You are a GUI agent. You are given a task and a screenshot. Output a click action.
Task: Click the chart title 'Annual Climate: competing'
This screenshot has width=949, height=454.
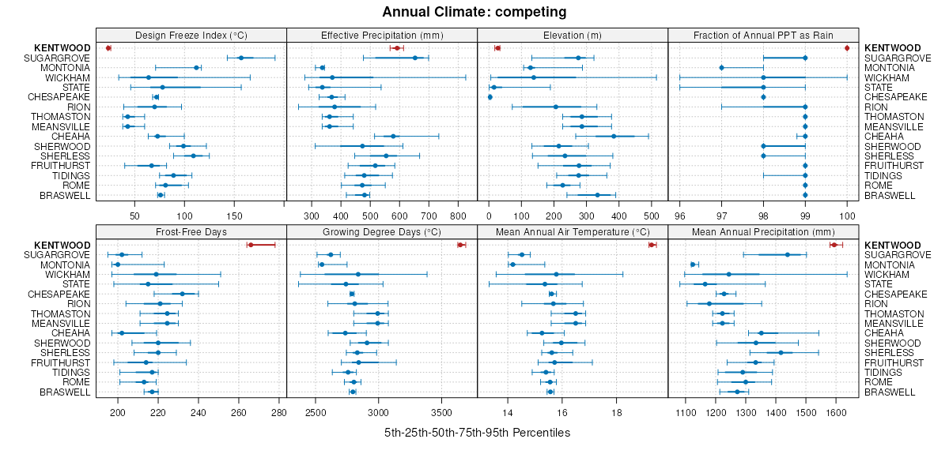pyautogui.click(x=474, y=12)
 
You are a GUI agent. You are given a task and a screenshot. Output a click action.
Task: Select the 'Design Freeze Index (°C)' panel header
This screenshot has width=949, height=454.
pyautogui.click(x=191, y=35)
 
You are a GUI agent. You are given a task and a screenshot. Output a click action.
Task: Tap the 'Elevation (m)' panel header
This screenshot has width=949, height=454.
pyautogui.click(x=573, y=35)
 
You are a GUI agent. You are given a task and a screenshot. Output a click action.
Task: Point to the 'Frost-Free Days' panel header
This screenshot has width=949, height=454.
pyautogui.click(x=191, y=232)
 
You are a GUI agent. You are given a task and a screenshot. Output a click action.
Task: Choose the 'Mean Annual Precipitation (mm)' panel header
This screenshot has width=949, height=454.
pyautogui.click(x=763, y=232)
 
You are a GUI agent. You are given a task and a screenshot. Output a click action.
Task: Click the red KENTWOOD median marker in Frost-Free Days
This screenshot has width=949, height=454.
pyautogui.click(x=251, y=245)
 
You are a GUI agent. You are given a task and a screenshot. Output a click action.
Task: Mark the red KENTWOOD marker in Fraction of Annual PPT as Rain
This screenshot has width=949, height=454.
pyautogui.click(x=847, y=48)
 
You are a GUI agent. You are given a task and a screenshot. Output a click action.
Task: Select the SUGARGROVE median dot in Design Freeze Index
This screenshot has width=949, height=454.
pyautogui.click(x=241, y=58)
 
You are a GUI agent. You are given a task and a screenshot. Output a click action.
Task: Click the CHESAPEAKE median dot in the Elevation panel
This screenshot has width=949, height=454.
pyautogui.click(x=490, y=97)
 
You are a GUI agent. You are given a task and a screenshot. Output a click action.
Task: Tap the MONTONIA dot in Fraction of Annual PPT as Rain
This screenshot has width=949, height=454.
pyautogui.click(x=721, y=68)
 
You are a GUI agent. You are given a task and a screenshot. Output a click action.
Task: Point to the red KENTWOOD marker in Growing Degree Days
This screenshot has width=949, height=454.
pyautogui.click(x=460, y=245)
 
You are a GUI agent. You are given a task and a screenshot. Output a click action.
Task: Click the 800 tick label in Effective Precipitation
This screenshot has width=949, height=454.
pyautogui.click(x=458, y=216)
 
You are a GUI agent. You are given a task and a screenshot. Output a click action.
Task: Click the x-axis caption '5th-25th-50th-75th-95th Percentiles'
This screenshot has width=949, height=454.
pyautogui.click(x=477, y=433)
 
